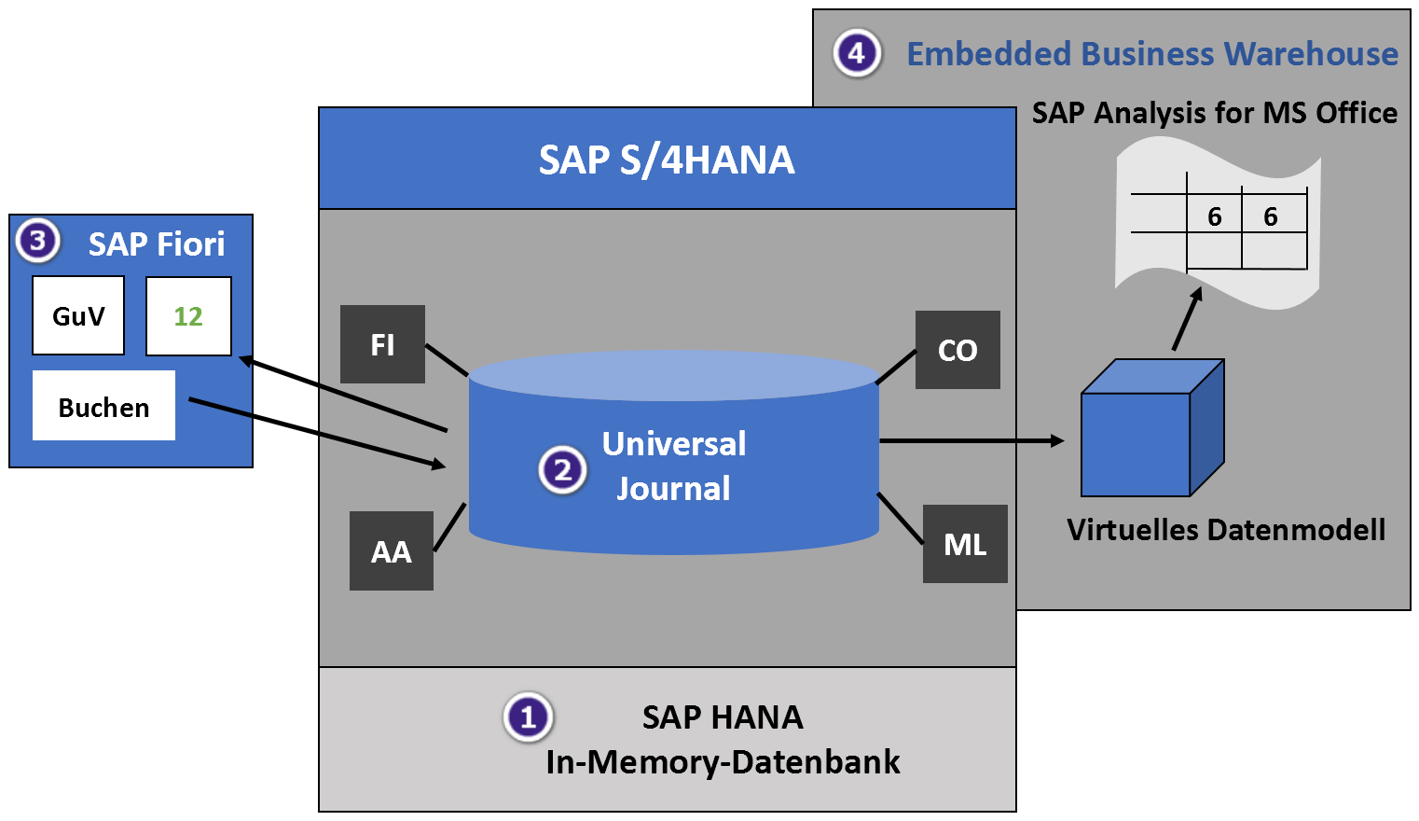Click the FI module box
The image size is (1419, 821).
pyautogui.click(x=382, y=344)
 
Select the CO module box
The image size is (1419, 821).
pyautogui.click(x=957, y=350)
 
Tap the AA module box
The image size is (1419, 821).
pyautogui.click(x=392, y=550)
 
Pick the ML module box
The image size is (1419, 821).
pyautogui.click(x=965, y=544)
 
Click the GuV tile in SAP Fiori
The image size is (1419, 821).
pyautogui.click(x=78, y=315)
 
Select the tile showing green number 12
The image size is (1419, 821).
pyautogui.click(x=188, y=316)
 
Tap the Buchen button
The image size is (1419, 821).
pyautogui.click(x=103, y=406)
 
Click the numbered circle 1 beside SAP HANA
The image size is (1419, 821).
pyautogui.click(x=528, y=717)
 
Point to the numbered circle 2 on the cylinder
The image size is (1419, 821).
pyautogui.click(x=562, y=469)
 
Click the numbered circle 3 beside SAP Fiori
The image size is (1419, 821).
pyautogui.click(x=37, y=241)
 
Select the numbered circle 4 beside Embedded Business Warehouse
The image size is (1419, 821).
pyautogui.click(x=857, y=53)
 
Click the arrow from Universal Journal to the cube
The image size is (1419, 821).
pyautogui.click(x=970, y=440)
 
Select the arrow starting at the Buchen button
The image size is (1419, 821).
pyautogui.click(x=317, y=433)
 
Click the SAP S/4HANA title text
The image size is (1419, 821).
pyautogui.click(x=667, y=160)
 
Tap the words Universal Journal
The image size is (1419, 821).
pyautogui.click(x=673, y=466)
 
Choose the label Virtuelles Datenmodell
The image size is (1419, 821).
pyautogui.click(x=1226, y=530)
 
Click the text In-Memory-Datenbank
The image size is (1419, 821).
pyautogui.click(x=723, y=762)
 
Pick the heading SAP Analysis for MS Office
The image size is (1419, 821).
pyautogui.click(x=1214, y=113)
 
